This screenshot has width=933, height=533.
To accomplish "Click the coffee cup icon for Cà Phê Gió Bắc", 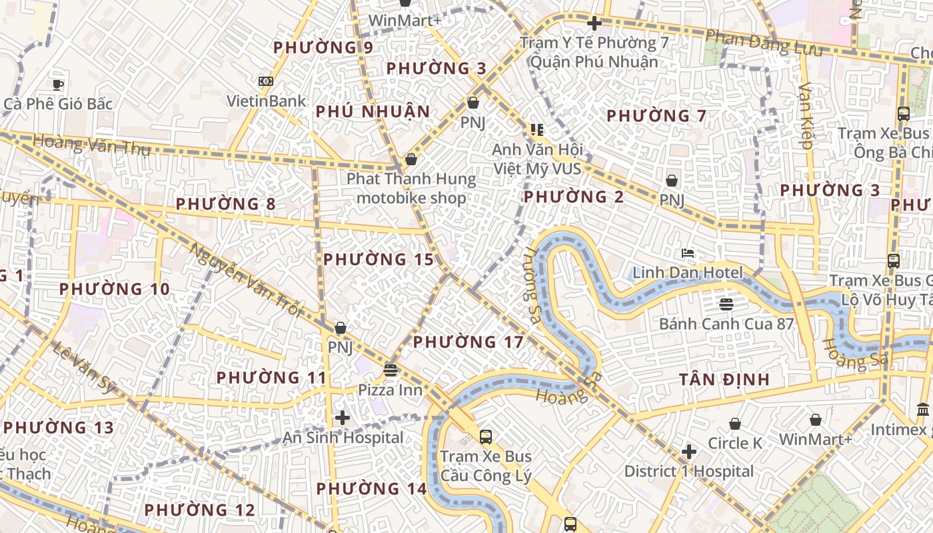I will tap(58, 85).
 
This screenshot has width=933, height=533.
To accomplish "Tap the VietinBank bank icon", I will tap(266, 81).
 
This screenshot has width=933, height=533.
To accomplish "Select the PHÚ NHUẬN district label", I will tap(373, 111).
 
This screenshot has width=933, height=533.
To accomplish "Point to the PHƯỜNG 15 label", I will tap(379, 260).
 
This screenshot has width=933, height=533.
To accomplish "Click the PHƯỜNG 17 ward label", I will tap(468, 342).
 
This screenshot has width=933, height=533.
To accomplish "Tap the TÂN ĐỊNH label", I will tap(724, 380).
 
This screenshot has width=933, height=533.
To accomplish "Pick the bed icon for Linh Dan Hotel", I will tap(688, 253).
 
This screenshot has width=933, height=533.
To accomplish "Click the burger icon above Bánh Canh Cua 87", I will tap(726, 304).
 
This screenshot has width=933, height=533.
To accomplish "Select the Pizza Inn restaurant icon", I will tap(391, 370).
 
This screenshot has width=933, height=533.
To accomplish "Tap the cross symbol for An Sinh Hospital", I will tap(343, 418).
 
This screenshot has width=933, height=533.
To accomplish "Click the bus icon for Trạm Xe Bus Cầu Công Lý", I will tap(486, 437).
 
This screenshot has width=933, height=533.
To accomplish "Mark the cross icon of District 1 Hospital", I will tap(689, 452).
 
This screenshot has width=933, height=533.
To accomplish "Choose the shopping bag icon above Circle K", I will tap(735, 424).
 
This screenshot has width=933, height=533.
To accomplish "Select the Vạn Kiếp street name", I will tap(806, 115).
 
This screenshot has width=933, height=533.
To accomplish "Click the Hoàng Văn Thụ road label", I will tap(91, 144).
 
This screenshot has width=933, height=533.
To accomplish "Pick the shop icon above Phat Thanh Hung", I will tap(411, 159).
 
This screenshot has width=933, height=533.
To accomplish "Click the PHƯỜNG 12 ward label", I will tap(199, 510).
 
